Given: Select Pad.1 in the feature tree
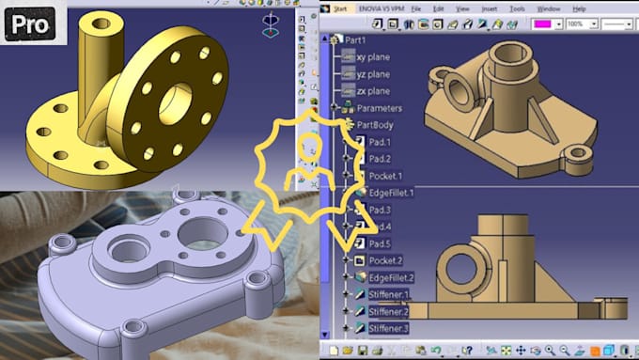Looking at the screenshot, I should (379, 142).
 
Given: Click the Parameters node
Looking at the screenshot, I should (379, 108).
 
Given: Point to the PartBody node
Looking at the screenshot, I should (374, 124).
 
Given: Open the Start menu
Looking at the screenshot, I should (339, 8).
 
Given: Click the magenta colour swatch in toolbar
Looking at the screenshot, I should (545, 23).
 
